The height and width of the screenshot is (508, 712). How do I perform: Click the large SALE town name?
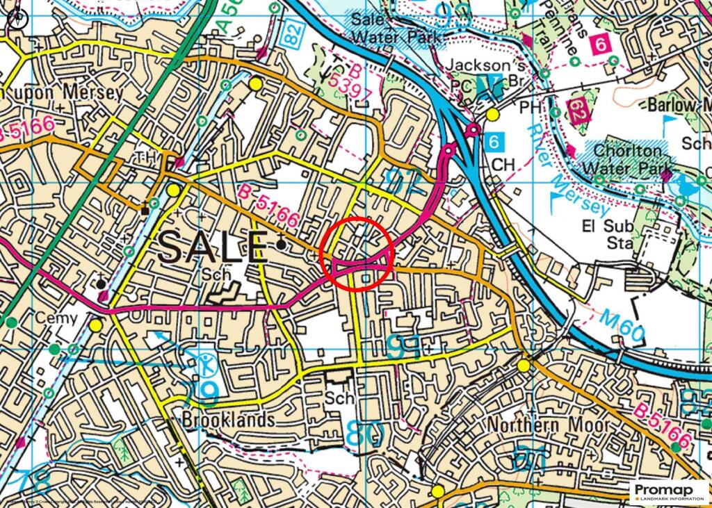213,247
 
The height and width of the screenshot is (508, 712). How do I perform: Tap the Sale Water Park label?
397,28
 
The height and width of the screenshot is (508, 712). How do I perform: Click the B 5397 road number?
346,80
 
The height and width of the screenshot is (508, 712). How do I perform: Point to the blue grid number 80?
364,436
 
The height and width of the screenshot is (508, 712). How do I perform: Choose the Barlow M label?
678,105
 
